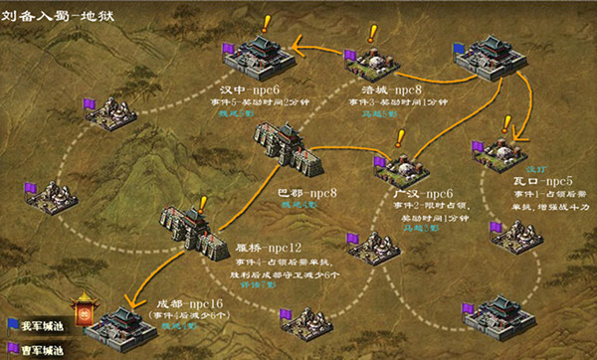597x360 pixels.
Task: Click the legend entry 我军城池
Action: coord(35,325)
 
